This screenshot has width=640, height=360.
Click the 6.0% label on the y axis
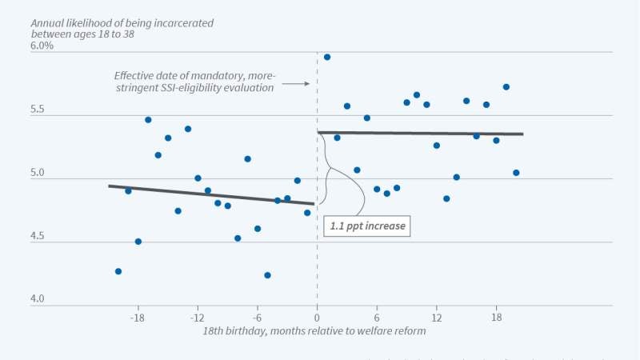click(x=42, y=46)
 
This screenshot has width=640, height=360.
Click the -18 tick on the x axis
click(x=138, y=317)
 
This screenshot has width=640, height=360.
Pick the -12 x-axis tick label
click(x=198, y=317)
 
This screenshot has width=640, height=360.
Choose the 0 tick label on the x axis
click(x=318, y=317)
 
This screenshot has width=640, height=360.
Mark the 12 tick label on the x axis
click(x=437, y=317)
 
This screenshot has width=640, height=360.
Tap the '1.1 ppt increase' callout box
click(x=368, y=226)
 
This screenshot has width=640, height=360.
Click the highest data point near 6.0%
click(x=327, y=57)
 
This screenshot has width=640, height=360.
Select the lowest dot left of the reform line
click(x=267, y=275)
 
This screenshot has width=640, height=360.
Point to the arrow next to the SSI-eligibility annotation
click(x=296, y=83)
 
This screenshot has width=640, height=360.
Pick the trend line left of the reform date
click(x=212, y=194)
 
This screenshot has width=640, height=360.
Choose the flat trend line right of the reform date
click(x=420, y=133)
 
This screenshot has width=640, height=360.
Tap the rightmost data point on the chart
click(x=516, y=173)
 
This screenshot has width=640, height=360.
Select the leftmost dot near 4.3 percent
click(x=118, y=271)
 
